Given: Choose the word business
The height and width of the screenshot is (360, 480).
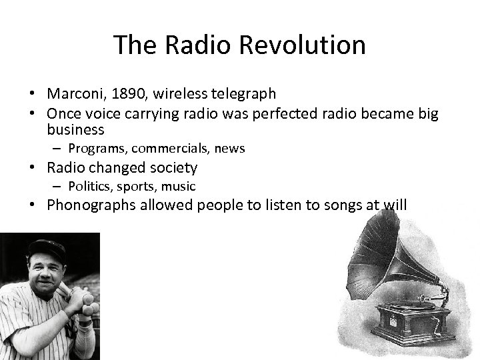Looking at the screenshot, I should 75,129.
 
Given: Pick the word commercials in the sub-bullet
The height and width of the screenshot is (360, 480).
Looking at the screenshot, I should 169,148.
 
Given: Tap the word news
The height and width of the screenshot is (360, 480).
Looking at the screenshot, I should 229,148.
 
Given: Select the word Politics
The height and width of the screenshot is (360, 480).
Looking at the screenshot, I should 88,186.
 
